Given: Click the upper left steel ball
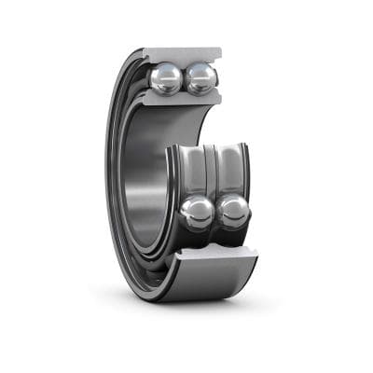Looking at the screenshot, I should pyautogui.click(x=166, y=78).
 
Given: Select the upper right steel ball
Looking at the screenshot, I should pyautogui.click(x=200, y=78).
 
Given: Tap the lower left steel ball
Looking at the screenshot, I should pyautogui.click(x=197, y=212).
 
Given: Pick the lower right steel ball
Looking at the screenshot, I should pyautogui.click(x=232, y=212).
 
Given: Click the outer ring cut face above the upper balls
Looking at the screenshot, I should pyautogui.click(x=183, y=55).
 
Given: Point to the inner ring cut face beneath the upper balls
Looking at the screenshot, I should pyautogui.click(x=183, y=100).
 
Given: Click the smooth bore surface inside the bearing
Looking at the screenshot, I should pyautogui.click(x=145, y=177).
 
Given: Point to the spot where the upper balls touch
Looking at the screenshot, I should pyautogui.click(x=184, y=79).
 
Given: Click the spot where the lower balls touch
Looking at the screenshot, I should pyautogui.click(x=214, y=213).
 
